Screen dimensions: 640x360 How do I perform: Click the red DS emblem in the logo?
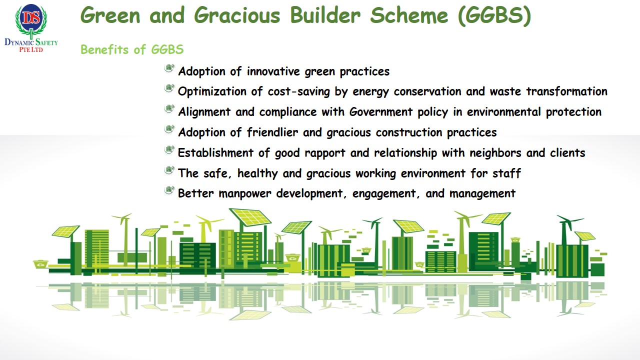(x=31, y=17)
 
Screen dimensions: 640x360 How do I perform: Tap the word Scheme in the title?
(x=409, y=15)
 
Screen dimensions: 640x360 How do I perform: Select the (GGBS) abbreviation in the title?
(x=494, y=16)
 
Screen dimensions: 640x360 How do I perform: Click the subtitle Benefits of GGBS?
(x=132, y=49)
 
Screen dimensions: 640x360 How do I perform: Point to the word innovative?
(x=273, y=71)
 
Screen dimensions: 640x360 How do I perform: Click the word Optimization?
(x=212, y=92)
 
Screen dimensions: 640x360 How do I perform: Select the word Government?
(x=381, y=111)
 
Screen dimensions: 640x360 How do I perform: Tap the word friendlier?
(x=272, y=132)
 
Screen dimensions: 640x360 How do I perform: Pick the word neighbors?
(x=495, y=153)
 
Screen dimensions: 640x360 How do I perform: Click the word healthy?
(x=257, y=173)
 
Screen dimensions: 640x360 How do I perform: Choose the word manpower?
(x=245, y=194)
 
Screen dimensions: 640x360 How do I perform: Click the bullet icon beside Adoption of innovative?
(x=169, y=68)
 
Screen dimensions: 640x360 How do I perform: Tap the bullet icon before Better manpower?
(x=169, y=190)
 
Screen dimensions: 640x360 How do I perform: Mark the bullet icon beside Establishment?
(x=169, y=149)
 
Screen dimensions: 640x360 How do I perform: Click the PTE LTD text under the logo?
(x=31, y=49)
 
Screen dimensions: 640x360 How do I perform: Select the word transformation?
(x=567, y=91)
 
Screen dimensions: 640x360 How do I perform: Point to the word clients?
(x=567, y=153)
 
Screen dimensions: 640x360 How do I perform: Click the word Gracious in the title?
(x=237, y=15)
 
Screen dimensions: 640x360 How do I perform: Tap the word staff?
(x=506, y=173)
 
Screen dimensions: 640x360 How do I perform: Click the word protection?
(x=573, y=112)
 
